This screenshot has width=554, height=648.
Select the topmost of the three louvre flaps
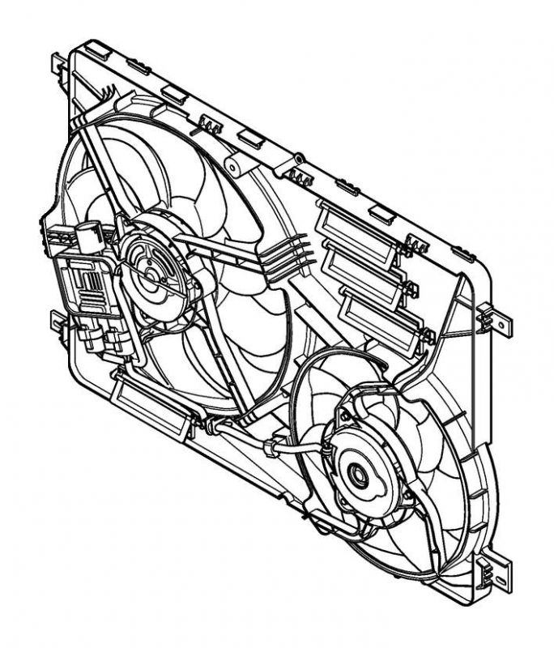coord(356,232)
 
